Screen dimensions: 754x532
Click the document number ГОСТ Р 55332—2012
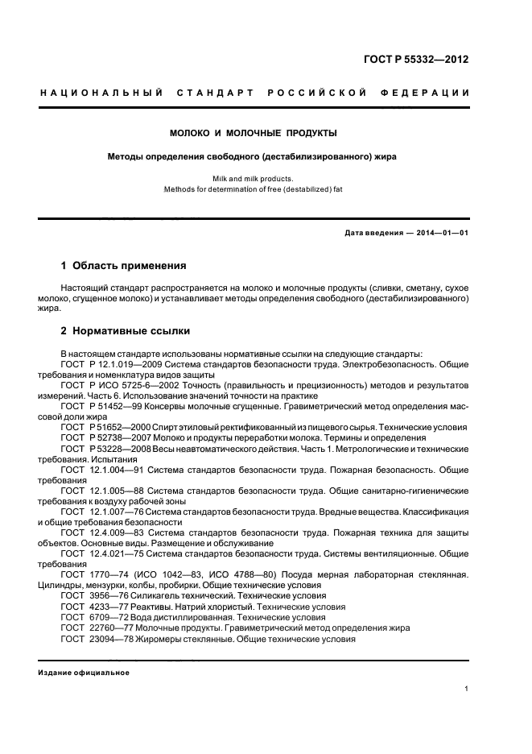coord(416,60)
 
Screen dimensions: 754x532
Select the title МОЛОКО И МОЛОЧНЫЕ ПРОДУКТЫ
coord(253,132)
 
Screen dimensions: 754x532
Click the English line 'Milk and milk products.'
coord(253,178)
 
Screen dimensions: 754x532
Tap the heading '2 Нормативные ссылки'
coord(126,332)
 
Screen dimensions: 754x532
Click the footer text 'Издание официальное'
coord(84,673)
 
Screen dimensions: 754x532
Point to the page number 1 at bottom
coord(467,688)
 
